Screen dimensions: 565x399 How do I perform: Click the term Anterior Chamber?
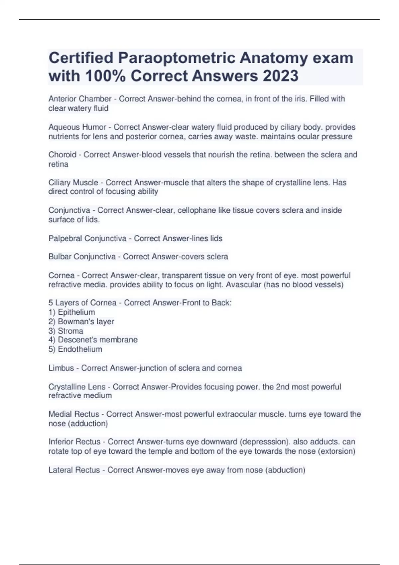[80, 99]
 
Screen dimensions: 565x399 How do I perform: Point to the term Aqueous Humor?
[77, 127]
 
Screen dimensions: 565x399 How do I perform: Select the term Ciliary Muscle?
[73, 182]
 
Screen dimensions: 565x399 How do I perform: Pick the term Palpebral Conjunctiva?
[87, 238]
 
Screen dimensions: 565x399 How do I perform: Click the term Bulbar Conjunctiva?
[82, 257]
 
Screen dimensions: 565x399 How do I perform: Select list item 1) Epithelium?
[72, 312]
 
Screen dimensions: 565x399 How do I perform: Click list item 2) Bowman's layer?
[81, 321]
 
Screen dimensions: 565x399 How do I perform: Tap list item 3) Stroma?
[66, 331]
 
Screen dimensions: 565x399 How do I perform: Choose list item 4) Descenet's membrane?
[93, 340]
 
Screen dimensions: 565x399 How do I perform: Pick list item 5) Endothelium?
[75, 349]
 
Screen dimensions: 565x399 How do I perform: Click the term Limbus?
[61, 368]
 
